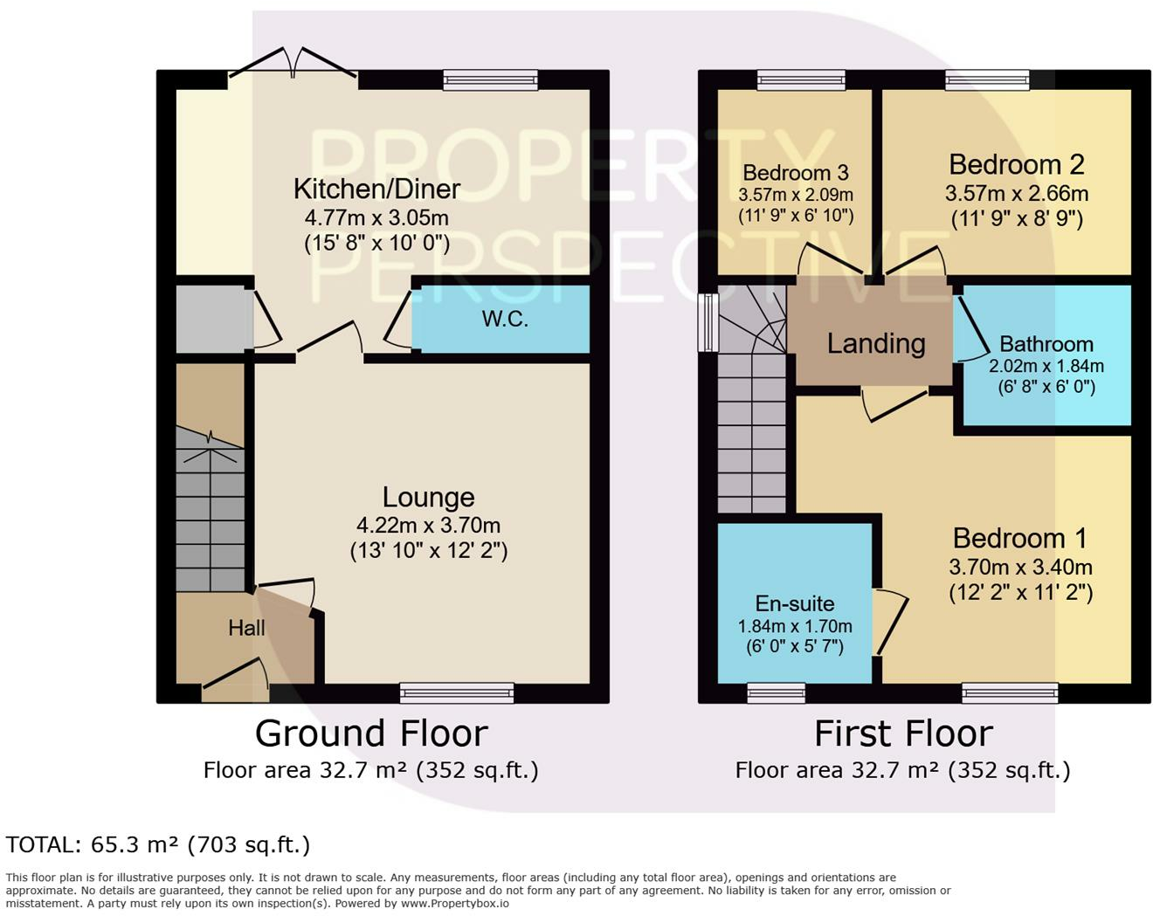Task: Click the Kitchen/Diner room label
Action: [376, 189]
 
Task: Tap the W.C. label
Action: [505, 319]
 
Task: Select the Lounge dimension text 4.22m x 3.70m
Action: [428, 526]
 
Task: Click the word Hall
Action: [246, 628]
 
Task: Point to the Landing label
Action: [876, 343]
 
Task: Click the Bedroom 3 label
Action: [796, 173]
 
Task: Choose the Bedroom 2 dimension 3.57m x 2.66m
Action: [1017, 193]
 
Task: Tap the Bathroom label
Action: [1046, 344]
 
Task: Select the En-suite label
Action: [795, 603]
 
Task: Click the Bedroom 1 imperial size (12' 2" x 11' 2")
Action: [1020, 593]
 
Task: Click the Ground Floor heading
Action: [371, 733]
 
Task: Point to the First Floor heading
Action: [903, 733]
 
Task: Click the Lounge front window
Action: [457, 692]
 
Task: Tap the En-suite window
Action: [776, 692]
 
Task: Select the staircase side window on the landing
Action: [708, 322]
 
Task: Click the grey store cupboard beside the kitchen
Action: [211, 319]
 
